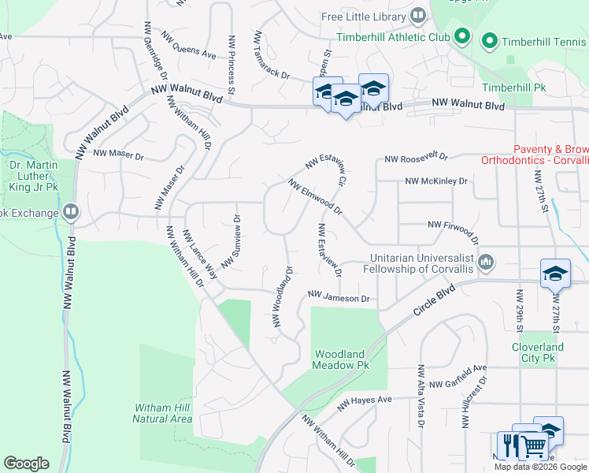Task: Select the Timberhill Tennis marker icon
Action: coord(490,39)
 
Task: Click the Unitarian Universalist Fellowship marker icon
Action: coord(486,262)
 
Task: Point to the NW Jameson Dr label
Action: coord(339,296)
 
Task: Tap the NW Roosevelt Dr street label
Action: coord(416,159)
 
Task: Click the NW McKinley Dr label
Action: coord(435,181)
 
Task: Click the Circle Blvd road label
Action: coord(434,300)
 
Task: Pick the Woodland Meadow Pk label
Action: coord(341,360)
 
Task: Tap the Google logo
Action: coord(26,464)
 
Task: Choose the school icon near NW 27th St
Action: coord(555,274)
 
